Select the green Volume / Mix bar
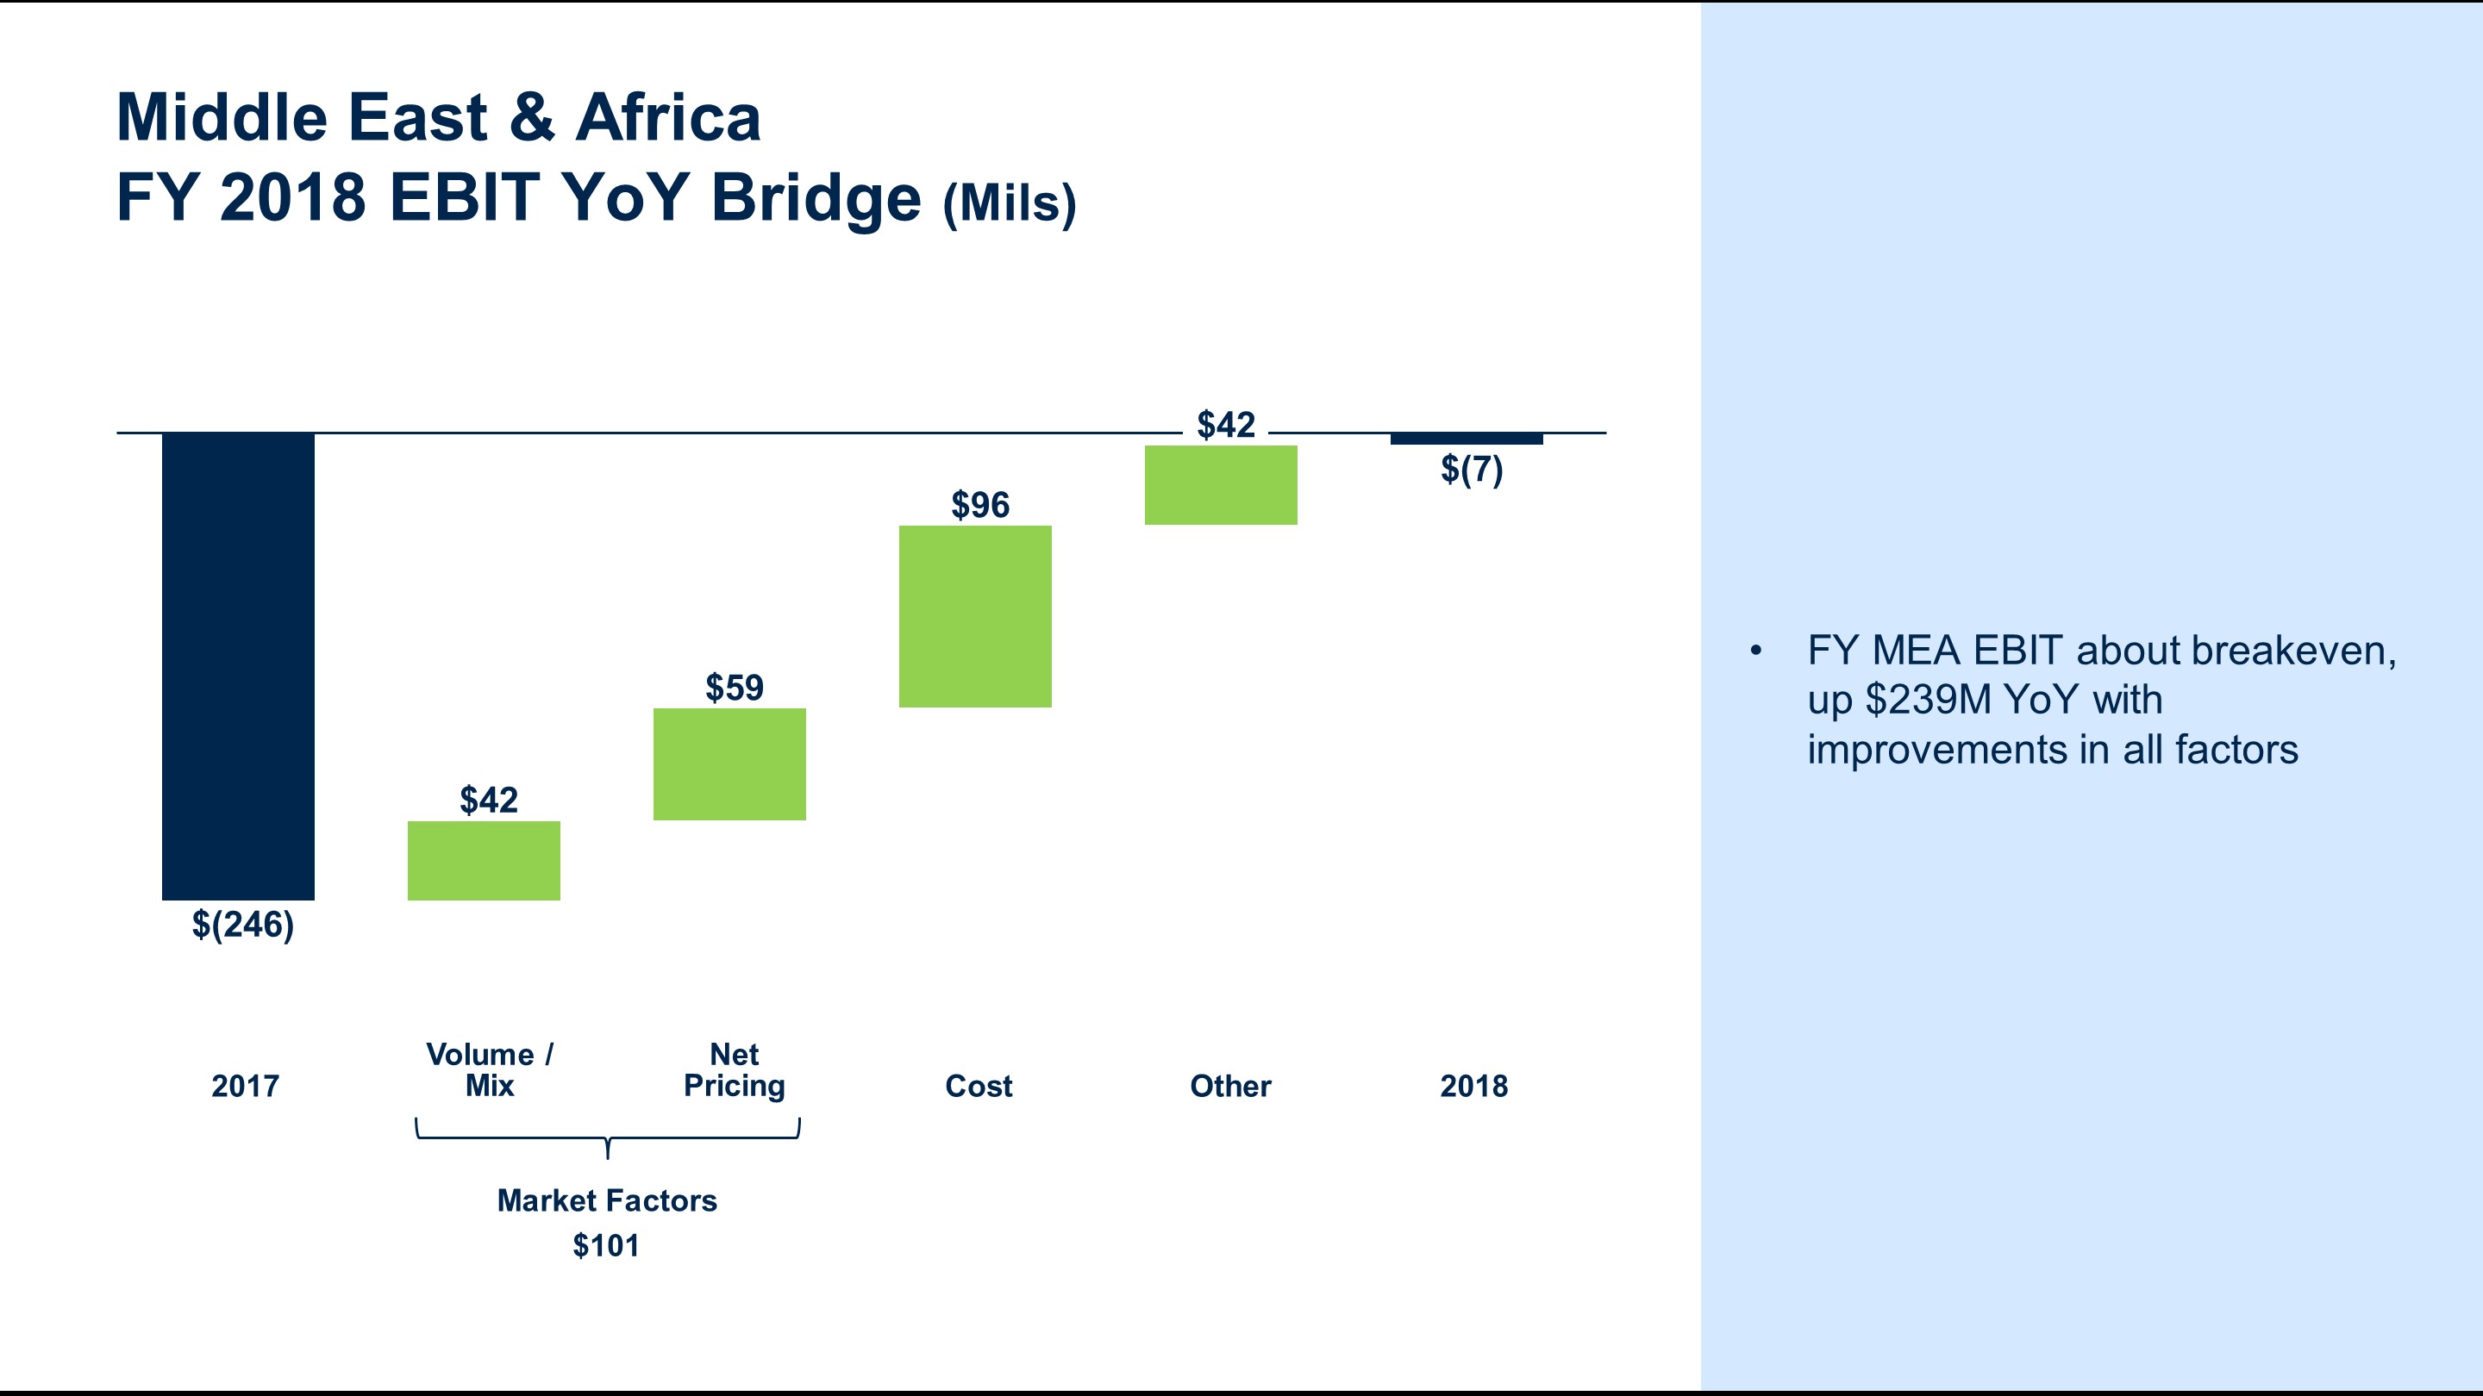[484, 860]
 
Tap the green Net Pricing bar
[729, 764]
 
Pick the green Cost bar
[975, 617]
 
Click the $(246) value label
[243, 925]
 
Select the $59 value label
[735, 688]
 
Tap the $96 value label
[980, 505]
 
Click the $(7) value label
[1471, 469]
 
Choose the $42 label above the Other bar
[1225, 425]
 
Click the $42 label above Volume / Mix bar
[489, 800]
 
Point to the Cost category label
[979, 1086]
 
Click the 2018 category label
[1473, 1086]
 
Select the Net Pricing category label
[735, 1069]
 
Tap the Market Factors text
[606, 1200]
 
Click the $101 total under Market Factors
[606, 1246]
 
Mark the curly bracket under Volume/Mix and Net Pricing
[607, 1137]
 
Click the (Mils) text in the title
[1010, 203]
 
